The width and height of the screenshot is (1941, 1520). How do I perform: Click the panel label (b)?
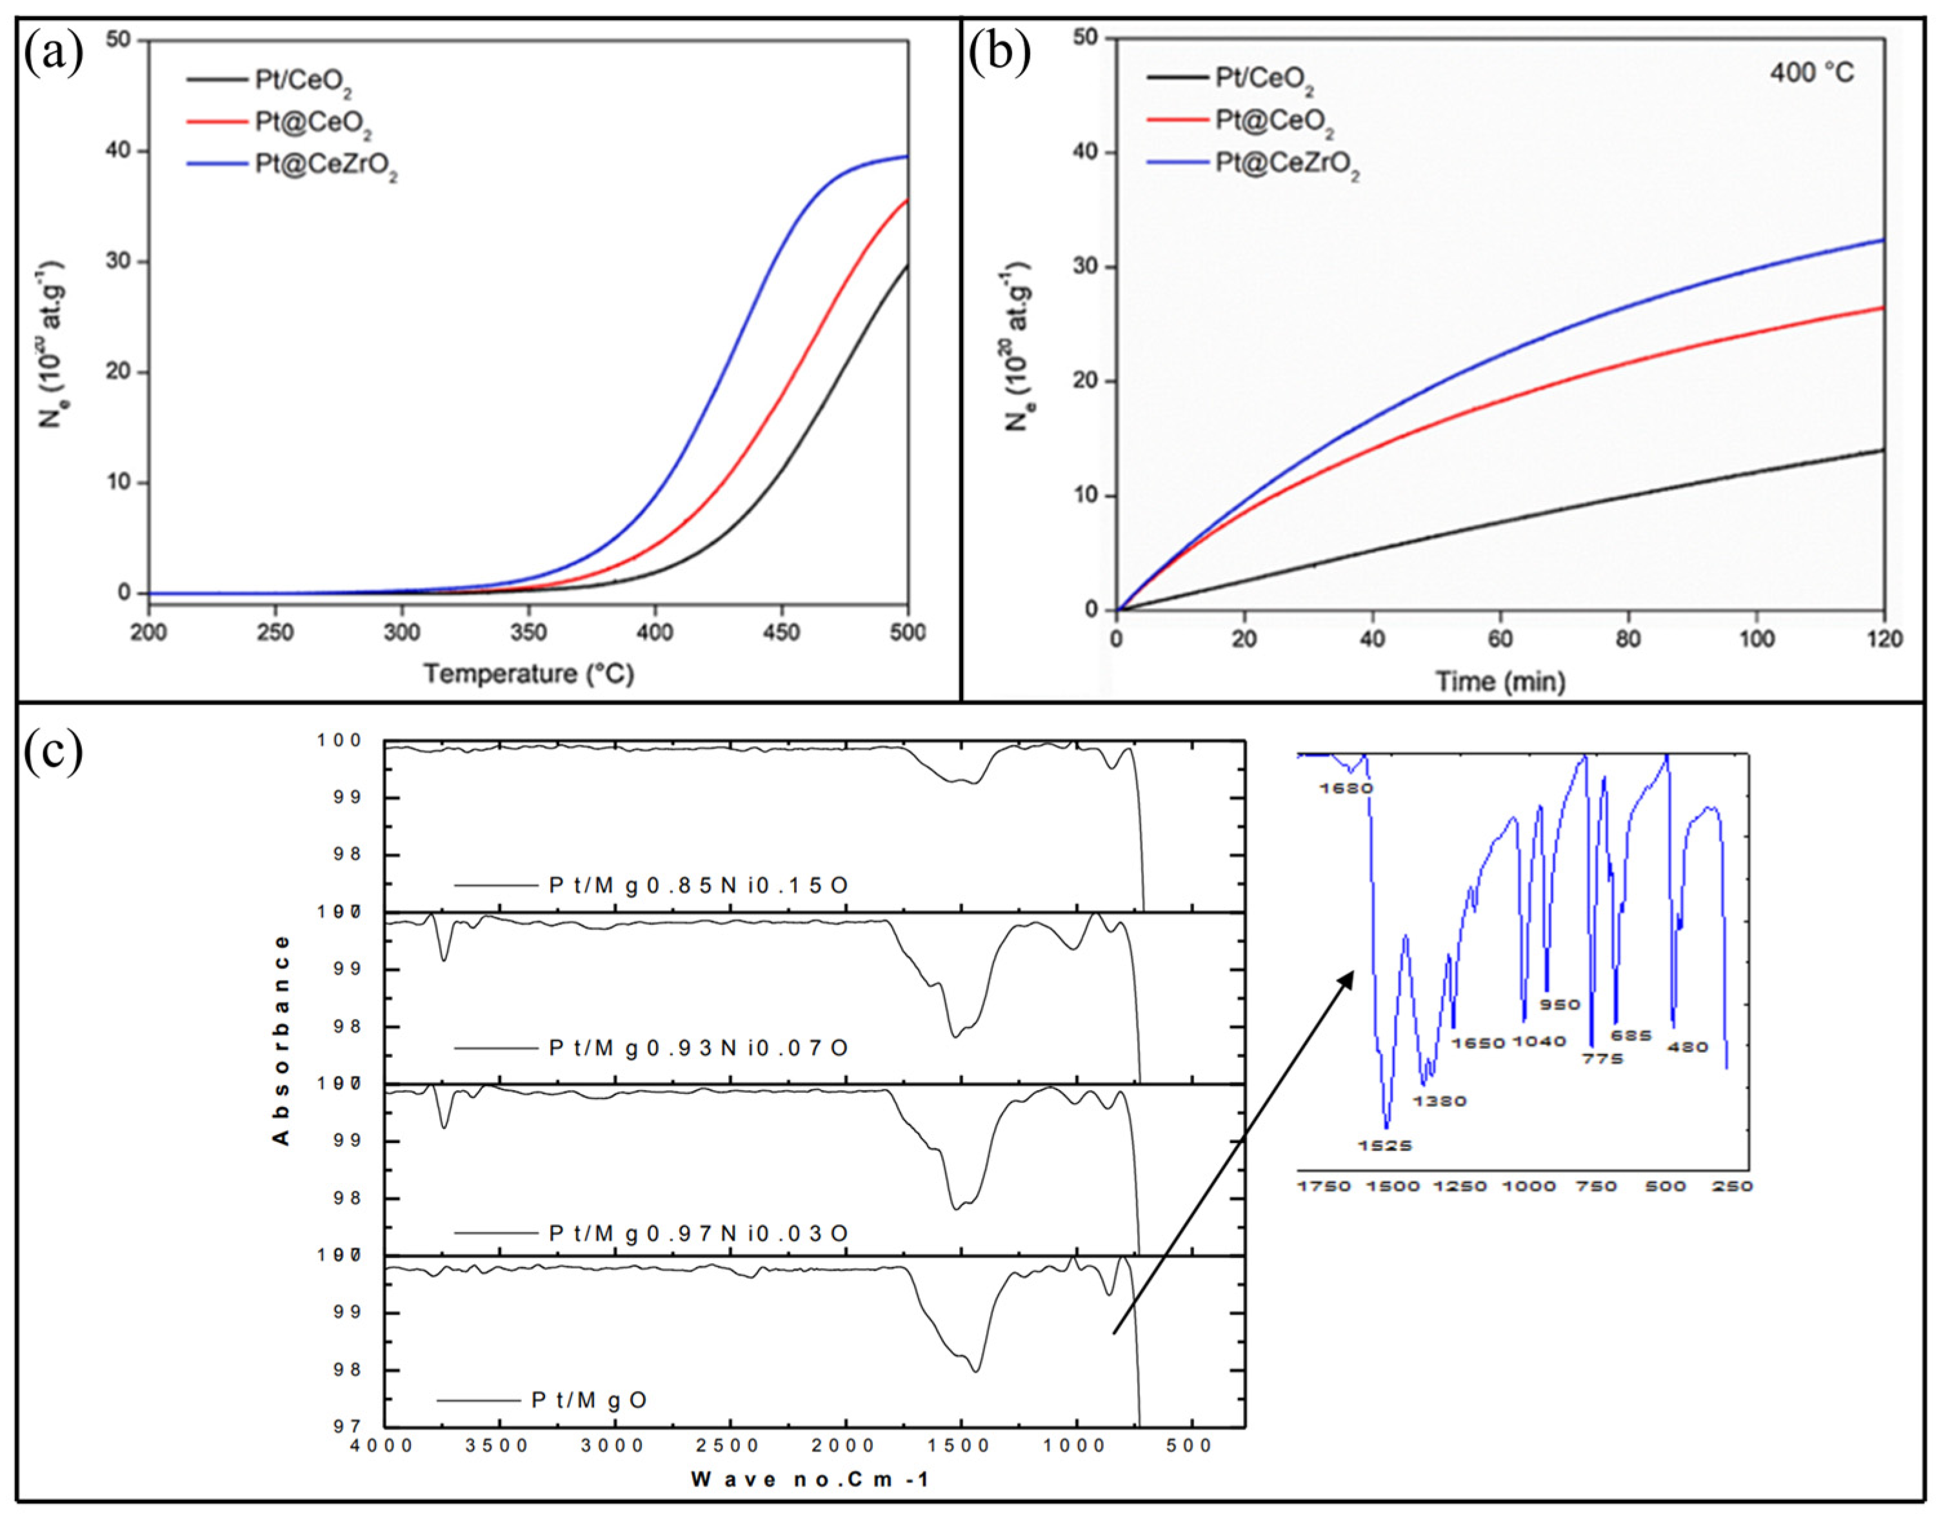(x=999, y=54)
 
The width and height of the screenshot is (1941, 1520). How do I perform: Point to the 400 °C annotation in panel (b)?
(x=1811, y=72)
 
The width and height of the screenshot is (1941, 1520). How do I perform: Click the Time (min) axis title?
(x=1500, y=682)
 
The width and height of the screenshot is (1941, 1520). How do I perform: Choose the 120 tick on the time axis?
(x=1883, y=639)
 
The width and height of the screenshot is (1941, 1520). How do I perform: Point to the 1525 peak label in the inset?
(x=1385, y=1146)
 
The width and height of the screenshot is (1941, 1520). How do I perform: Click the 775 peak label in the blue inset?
(x=1601, y=1059)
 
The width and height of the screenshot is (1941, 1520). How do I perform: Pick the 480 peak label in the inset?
(x=1687, y=1048)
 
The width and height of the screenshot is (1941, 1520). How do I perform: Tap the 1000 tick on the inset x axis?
(x=1528, y=1186)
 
